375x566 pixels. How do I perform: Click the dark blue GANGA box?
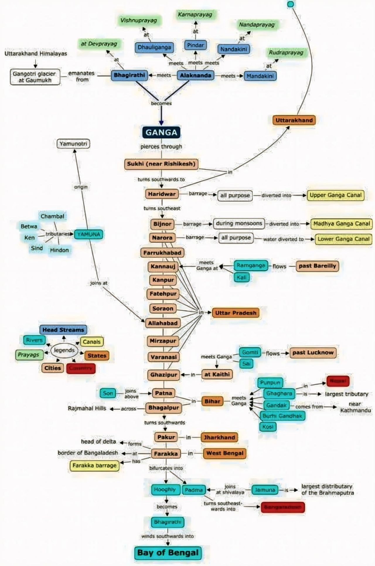(161, 132)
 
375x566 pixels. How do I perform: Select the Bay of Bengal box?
(168, 553)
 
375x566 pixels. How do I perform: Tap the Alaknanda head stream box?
(195, 75)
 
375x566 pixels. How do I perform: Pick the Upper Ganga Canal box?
(335, 195)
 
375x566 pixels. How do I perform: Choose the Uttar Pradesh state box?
(236, 313)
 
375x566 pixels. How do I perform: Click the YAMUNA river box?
(89, 234)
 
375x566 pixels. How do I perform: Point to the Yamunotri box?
(73, 144)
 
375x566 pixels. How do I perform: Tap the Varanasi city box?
(163, 357)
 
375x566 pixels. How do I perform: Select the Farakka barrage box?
(94, 465)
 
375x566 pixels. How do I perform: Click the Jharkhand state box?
(219, 437)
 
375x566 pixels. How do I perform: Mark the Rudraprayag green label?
(286, 53)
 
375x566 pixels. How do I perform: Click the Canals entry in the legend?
(92, 342)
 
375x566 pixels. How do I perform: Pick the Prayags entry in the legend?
(29, 355)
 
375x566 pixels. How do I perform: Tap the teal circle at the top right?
(290, 4)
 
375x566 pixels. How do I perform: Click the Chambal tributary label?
(52, 216)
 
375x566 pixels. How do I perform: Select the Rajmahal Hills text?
(87, 408)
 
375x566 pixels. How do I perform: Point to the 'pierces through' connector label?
(161, 146)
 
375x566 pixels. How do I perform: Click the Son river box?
(108, 393)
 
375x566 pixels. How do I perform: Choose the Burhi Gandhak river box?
(282, 416)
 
